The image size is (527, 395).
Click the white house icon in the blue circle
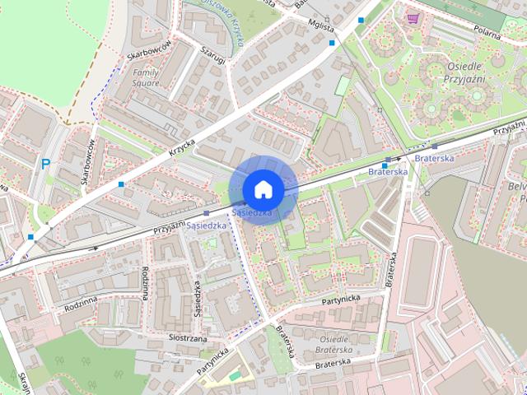pyautogui.click(x=263, y=188)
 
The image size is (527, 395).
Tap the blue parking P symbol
pyautogui.click(x=46, y=164)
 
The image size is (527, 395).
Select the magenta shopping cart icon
pyautogui.click(x=412, y=17)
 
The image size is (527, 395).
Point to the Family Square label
pyautogui.click(x=146, y=77)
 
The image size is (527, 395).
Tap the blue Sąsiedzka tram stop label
pyautogui.click(x=207, y=224)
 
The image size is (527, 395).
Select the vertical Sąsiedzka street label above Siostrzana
pyautogui.click(x=198, y=300)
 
